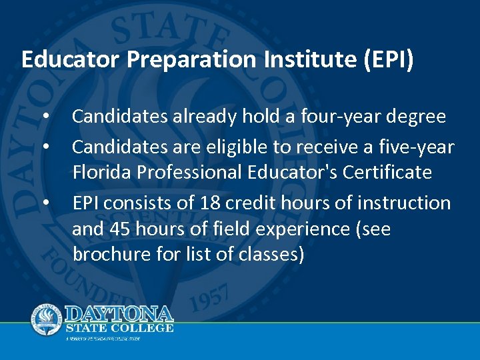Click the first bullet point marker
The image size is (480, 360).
click(x=45, y=117)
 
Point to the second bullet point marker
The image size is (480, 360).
click(x=45, y=145)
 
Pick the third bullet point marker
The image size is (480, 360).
click(x=45, y=202)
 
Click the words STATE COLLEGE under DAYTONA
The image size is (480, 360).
click(x=119, y=328)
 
